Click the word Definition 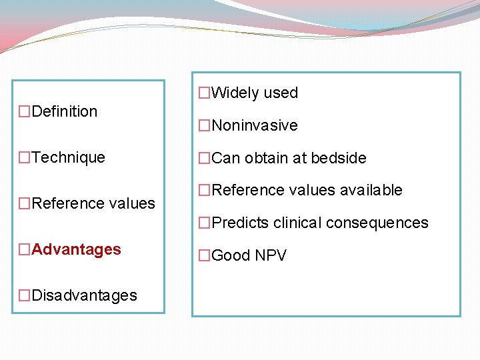coord(65,111)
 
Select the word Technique coord(69,157)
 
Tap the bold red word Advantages coord(77,249)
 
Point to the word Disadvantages coord(85,295)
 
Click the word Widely coord(235,93)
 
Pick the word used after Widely coord(281,93)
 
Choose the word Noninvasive coord(255,125)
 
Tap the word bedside coord(337,158)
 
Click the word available coord(370,190)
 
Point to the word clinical coord(297,223)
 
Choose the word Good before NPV coord(230,255)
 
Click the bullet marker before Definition coord(25,112)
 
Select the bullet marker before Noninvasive coord(205,126)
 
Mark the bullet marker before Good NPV coord(205,256)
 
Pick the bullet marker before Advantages coord(25,250)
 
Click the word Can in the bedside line coord(226,158)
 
